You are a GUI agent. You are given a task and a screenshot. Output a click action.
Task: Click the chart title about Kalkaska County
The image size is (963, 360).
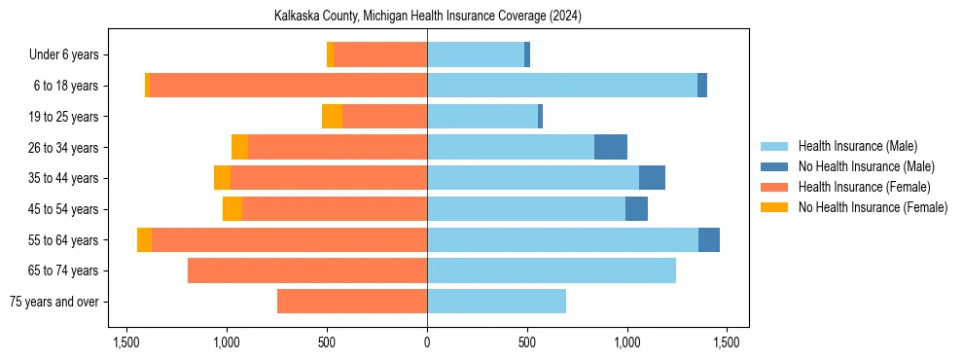[427, 16]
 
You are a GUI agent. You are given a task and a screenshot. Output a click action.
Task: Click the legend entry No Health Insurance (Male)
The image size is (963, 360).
[866, 166]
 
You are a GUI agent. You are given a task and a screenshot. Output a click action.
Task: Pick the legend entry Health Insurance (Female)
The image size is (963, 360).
[864, 187]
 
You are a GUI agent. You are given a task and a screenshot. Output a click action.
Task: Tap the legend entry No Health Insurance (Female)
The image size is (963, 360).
[873, 207]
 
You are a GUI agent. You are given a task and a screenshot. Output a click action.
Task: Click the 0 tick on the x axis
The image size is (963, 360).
[427, 342]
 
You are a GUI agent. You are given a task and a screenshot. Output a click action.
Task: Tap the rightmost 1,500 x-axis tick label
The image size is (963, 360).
[728, 342]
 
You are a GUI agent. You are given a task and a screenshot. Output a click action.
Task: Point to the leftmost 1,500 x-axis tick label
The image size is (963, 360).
[126, 342]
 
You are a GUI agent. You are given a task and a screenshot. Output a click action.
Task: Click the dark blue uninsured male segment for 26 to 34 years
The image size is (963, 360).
[611, 147]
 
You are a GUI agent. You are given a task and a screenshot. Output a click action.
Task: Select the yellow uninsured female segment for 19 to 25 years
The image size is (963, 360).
[332, 117]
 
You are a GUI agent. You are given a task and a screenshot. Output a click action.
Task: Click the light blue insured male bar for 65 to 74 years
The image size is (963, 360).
[552, 270]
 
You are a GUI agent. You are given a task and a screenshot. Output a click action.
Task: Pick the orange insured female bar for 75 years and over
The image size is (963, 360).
[352, 302]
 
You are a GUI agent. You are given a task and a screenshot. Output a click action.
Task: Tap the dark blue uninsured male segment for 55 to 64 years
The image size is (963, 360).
[709, 239]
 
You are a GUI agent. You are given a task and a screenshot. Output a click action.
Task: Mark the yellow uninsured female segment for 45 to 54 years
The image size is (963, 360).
[232, 209]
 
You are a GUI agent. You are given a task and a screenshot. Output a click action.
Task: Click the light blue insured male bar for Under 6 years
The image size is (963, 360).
[476, 55]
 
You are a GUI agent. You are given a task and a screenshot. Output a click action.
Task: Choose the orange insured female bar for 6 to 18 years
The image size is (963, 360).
[288, 86]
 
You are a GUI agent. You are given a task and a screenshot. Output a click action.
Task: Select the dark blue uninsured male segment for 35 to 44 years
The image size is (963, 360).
[652, 178]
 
